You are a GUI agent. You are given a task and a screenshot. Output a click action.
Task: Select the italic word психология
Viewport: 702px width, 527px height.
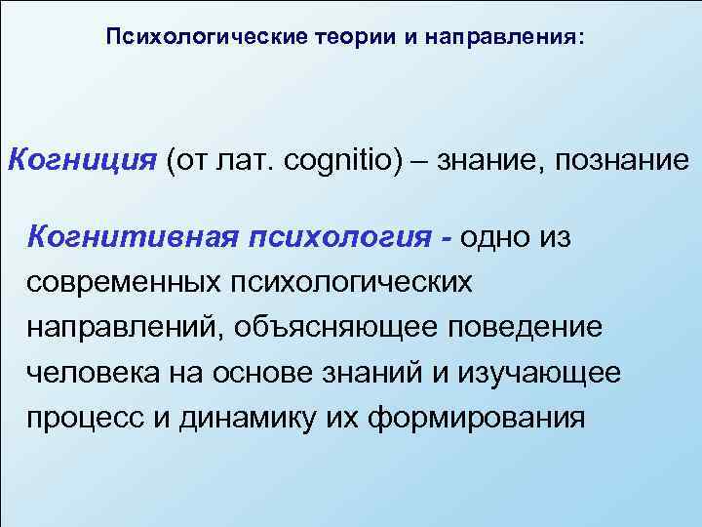(328, 235)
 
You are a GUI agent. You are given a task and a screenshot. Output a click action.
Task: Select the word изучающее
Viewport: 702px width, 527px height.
(558, 372)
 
